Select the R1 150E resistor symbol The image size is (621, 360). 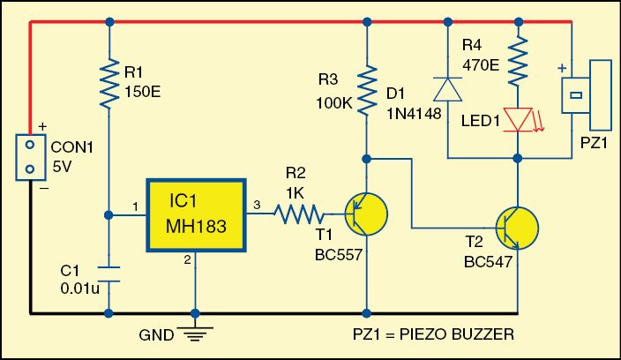coord(108,81)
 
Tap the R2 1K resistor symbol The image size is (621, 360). coord(298,212)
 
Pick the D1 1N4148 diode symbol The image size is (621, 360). coord(446,89)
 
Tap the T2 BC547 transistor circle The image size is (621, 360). coord(517,229)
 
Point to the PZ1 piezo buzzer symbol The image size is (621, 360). coord(588,94)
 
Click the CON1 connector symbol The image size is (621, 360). coord(31,157)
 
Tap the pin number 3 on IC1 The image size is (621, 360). coord(256,205)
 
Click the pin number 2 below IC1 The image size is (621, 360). coord(186,259)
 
